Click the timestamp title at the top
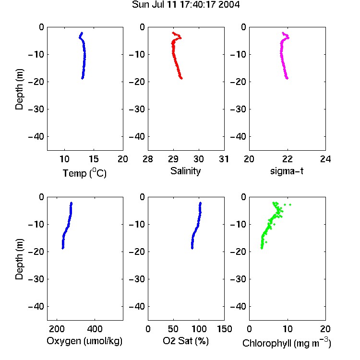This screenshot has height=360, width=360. tap(186, 5)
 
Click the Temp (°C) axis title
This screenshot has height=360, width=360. tap(84, 173)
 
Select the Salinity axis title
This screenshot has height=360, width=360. tap(185, 171)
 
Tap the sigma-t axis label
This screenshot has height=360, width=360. tap(287, 171)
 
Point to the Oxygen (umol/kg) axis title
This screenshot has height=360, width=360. tap(84, 341)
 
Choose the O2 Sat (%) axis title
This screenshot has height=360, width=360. tap(186, 341)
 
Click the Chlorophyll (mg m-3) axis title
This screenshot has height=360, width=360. tap(287, 343)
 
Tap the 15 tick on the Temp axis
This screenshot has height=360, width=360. tap(94, 159)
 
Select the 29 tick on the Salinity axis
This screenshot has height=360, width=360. tap(173, 159)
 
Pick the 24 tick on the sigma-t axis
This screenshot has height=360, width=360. tap(325, 159)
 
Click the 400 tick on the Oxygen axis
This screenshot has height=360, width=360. tap(95, 329)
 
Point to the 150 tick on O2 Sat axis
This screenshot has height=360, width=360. tap(224, 329)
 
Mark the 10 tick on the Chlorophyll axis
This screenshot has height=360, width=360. tap(288, 329)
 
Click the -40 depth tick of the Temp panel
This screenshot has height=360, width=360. tap(36, 137)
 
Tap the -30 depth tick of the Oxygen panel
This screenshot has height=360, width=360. tap(36, 279)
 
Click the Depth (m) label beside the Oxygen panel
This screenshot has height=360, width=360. tap(19, 259)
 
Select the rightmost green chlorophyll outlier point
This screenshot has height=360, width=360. tap(290, 204)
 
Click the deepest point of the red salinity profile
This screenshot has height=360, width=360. tap(181, 78)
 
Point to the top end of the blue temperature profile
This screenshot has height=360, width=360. tap(82, 33)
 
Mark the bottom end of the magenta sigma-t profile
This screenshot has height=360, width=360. tap(287, 78)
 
